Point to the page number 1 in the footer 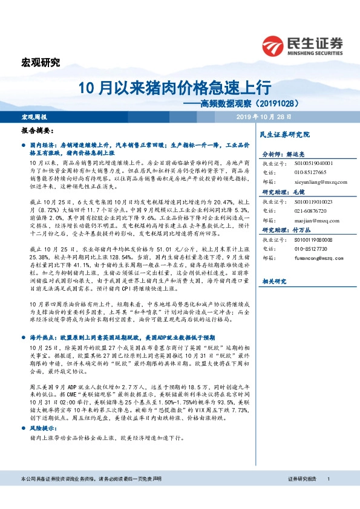327,496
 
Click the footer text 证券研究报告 303,496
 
